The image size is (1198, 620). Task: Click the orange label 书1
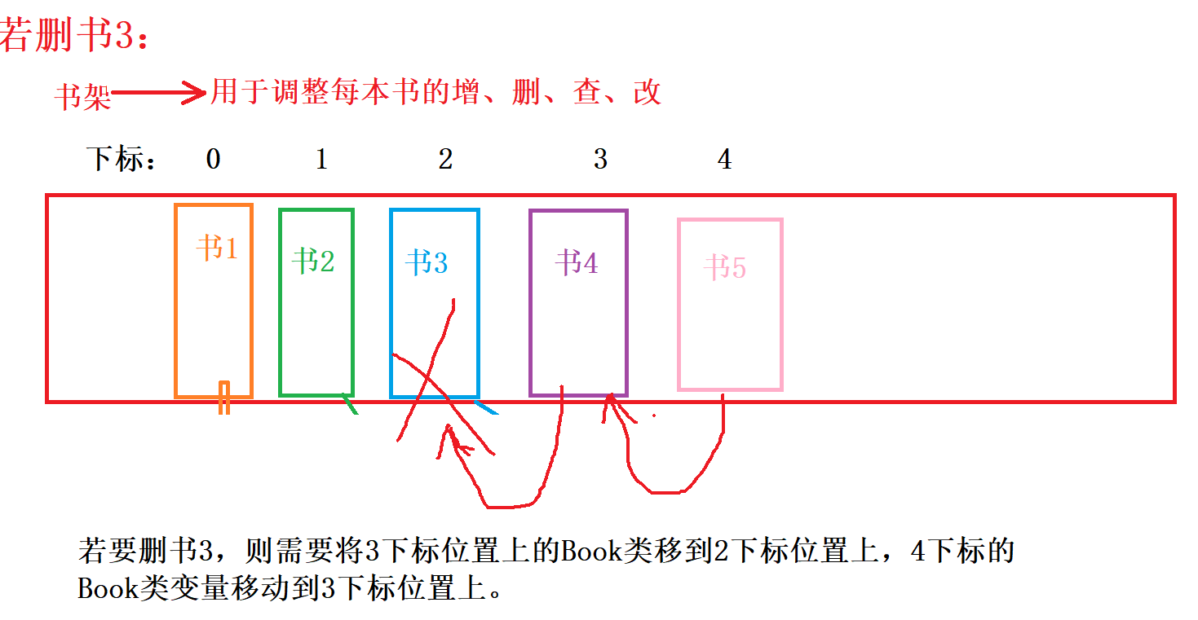217,248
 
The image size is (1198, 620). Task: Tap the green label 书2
313,262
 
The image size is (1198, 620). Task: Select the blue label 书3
427,263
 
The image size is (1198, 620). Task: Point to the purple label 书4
577,263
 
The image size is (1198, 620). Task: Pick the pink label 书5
725,267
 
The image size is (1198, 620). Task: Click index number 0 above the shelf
213,160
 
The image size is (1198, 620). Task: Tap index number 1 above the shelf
321,160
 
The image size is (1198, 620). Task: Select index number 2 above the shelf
445,160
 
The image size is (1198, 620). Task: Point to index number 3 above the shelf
600,160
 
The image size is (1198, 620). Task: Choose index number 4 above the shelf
724,160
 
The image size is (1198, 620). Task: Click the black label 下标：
122,160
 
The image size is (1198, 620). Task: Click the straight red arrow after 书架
159,94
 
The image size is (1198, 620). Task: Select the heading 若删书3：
75,37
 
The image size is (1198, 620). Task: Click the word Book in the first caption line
588,552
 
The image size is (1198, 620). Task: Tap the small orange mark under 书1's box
223,398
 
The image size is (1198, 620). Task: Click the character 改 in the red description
647,93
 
